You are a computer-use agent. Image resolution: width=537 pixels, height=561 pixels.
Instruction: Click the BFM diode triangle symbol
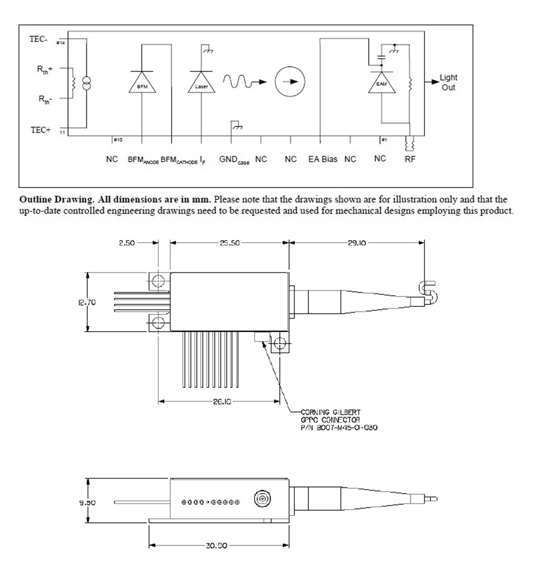(142, 84)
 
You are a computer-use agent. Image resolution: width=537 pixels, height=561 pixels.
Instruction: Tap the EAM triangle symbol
(381, 83)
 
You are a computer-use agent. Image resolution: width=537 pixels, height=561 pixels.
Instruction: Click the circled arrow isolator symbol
(290, 82)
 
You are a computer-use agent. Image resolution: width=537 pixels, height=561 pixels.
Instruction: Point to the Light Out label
(448, 82)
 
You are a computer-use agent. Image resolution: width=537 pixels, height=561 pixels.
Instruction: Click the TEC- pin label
(39, 39)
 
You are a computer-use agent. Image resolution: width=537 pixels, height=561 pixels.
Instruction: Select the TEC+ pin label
(41, 130)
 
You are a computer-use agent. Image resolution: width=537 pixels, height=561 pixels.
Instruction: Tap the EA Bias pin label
(323, 159)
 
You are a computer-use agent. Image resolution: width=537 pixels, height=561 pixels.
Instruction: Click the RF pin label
(410, 159)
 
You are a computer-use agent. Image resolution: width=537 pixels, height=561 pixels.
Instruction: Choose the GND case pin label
(234, 160)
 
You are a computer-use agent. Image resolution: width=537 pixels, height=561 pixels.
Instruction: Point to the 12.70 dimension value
(87, 302)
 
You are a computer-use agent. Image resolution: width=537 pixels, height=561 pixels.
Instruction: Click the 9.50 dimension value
(87, 502)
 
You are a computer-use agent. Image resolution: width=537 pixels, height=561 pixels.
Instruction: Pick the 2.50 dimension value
(127, 243)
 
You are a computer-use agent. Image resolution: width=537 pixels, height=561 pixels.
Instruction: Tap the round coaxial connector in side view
(261, 498)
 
